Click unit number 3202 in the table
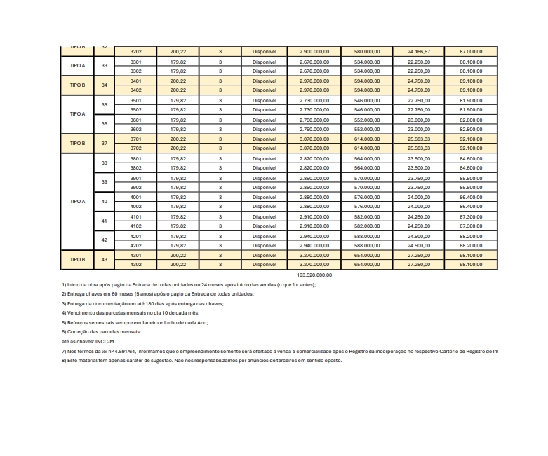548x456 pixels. click(x=136, y=52)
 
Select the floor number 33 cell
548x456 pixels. click(x=104, y=67)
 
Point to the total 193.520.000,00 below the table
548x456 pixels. click(x=314, y=275)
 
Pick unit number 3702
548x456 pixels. click(x=136, y=148)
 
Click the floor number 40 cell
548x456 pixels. click(x=104, y=202)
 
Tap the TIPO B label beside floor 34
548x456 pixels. click(x=77, y=85)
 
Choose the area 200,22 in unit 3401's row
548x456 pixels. click(x=178, y=81)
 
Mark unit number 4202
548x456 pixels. click(x=136, y=246)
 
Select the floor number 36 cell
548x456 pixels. click(x=104, y=125)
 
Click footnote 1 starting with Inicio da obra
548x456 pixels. click(x=189, y=285)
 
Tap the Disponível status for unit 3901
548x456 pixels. click(x=265, y=179)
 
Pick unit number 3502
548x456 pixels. click(x=136, y=110)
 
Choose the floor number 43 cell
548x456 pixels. click(x=104, y=260)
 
